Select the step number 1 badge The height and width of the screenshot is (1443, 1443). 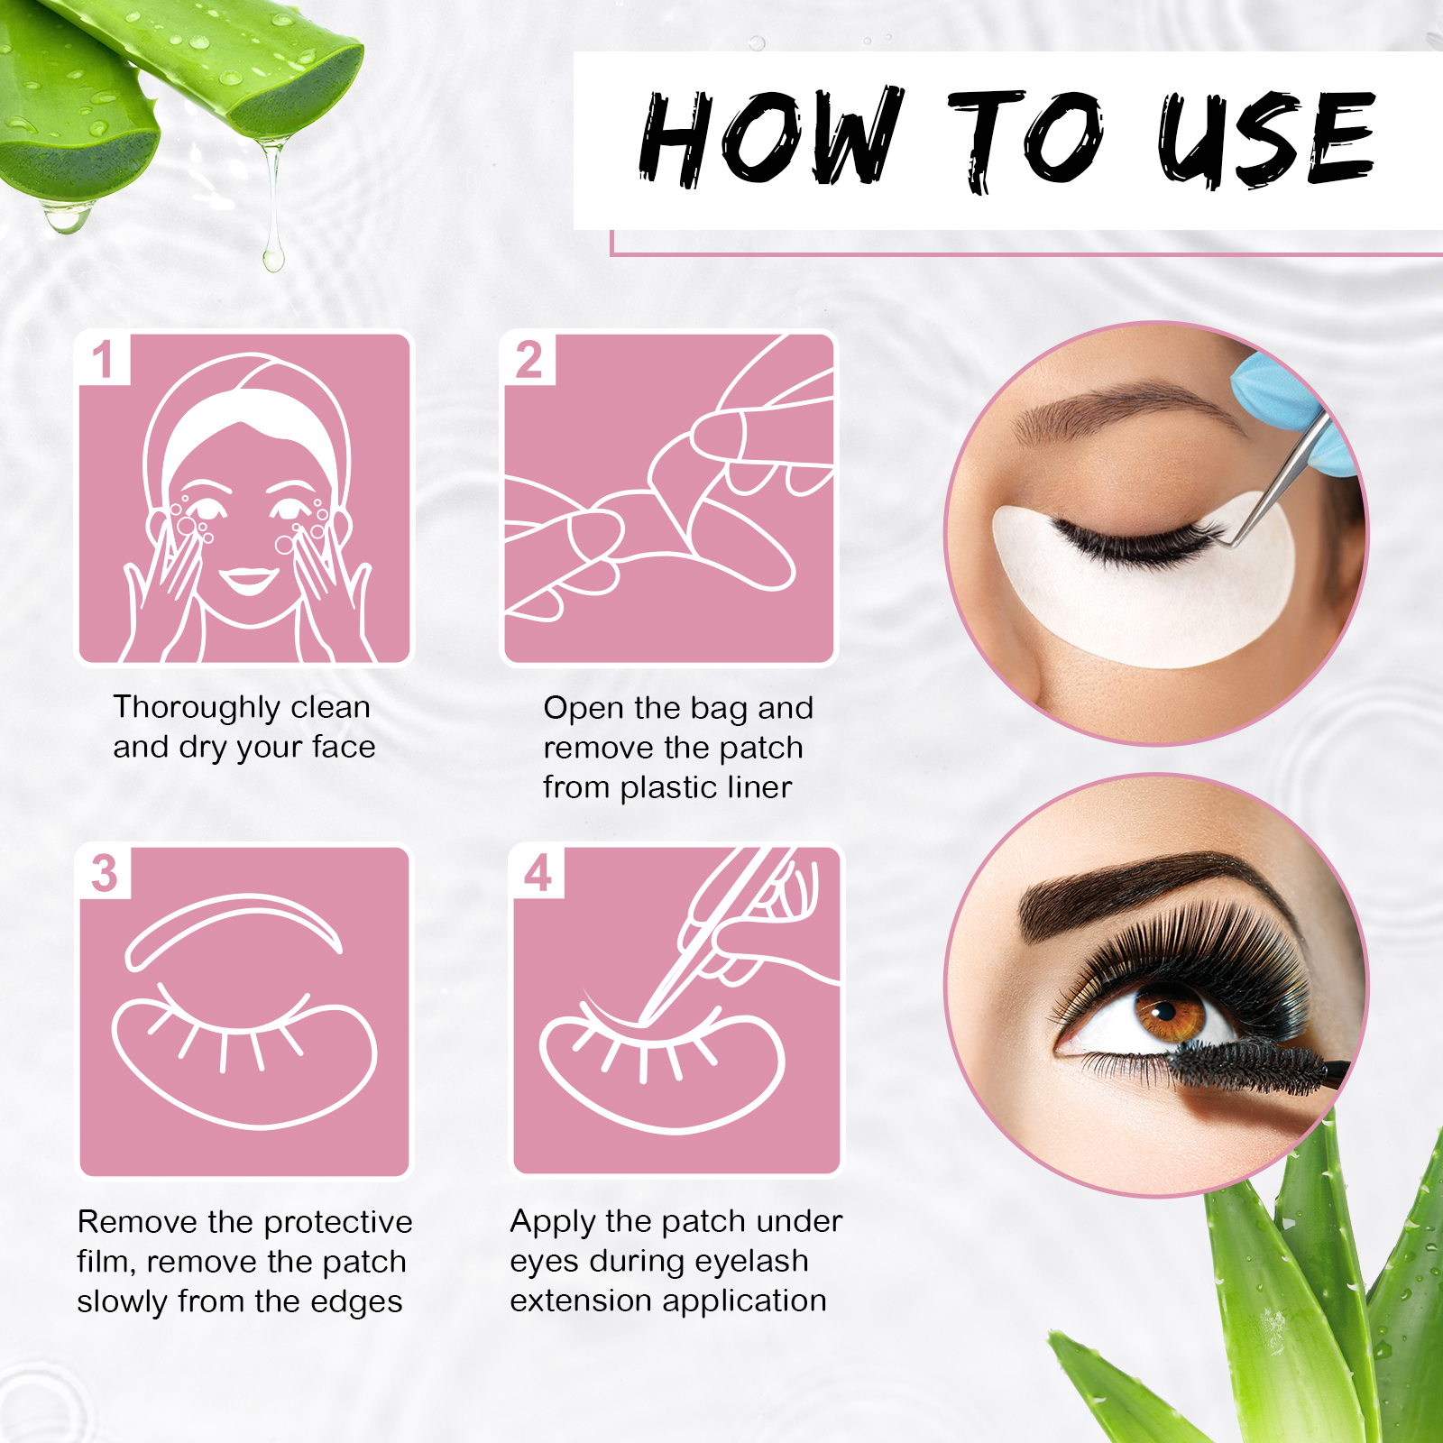(x=103, y=359)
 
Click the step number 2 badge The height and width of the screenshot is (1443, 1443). (x=528, y=359)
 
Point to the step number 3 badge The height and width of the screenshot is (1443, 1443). (x=105, y=872)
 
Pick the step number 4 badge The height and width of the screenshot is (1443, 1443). (x=538, y=872)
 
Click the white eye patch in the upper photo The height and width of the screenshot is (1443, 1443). (x=1145, y=604)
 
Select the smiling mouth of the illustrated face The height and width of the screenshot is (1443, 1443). (x=248, y=579)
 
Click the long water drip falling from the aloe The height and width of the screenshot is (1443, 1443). (x=273, y=216)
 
